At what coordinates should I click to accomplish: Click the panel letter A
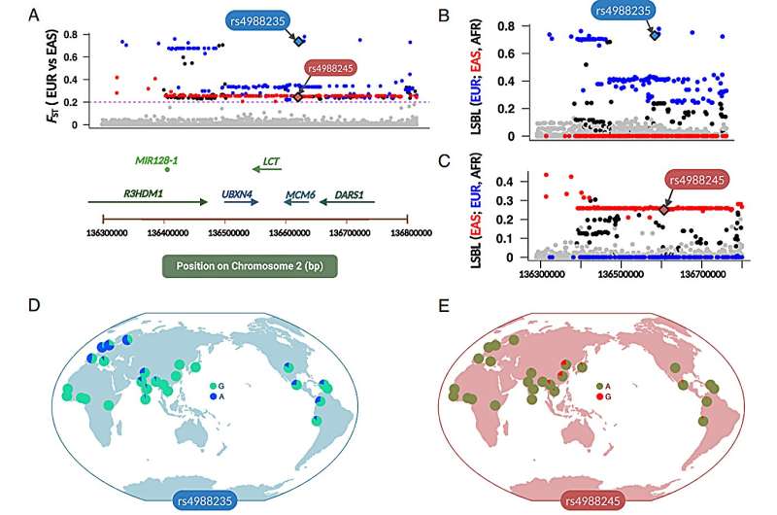(x=35, y=16)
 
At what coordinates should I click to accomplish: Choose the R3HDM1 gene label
(x=144, y=192)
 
